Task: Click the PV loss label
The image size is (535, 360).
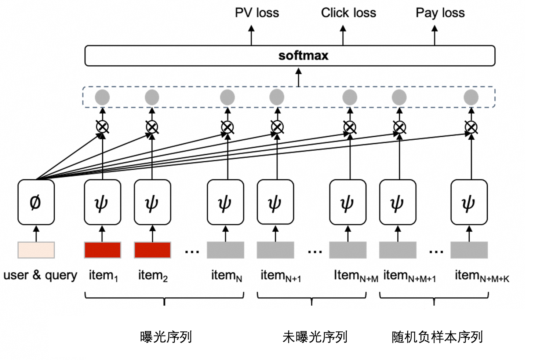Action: [x=257, y=12]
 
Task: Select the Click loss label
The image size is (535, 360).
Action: [x=349, y=12]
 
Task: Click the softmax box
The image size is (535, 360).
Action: [x=290, y=56]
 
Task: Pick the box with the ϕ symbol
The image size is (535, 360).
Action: [x=36, y=202]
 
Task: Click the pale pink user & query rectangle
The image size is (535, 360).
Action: [x=36, y=250]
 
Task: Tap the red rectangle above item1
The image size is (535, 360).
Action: [x=102, y=250]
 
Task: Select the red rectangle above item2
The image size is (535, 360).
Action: [x=152, y=250]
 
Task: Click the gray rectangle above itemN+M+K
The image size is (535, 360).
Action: [x=469, y=250]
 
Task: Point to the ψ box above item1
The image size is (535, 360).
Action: [x=102, y=202]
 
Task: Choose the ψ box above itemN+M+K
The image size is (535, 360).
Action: [x=469, y=202]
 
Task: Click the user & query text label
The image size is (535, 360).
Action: [x=40, y=276]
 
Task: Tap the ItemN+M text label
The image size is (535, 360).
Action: [x=356, y=276]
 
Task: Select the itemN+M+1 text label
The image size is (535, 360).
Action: [x=410, y=276]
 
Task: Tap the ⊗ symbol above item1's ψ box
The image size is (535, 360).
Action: [x=102, y=127]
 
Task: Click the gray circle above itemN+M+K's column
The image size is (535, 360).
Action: [x=471, y=98]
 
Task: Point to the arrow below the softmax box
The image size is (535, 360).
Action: [x=299, y=77]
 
